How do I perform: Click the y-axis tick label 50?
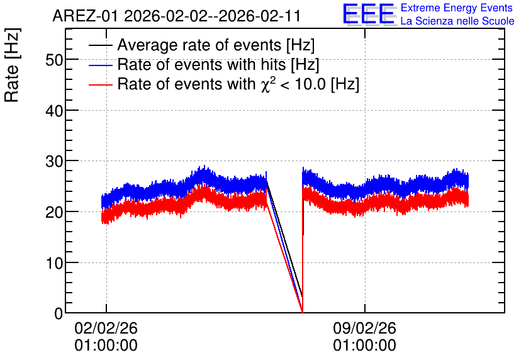(x=54, y=60)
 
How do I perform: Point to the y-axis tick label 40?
(x=54, y=111)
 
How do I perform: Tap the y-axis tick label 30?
(x=54, y=162)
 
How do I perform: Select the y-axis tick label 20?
(x=54, y=212)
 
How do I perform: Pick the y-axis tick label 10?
(x=54, y=263)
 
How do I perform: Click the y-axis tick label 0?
(x=59, y=313)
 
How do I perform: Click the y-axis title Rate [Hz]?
(x=12, y=65)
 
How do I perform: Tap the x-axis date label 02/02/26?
(x=106, y=328)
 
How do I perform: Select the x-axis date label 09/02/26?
(x=365, y=328)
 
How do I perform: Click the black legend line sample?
(x=101, y=45)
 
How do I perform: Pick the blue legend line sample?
(x=101, y=65)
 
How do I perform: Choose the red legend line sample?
(x=101, y=84)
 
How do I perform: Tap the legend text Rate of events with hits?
(x=201, y=64)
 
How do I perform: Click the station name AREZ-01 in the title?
(x=85, y=16)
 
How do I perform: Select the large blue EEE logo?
(x=368, y=14)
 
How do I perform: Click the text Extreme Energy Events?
(x=457, y=8)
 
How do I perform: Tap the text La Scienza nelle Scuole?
(x=457, y=21)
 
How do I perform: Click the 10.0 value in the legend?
(x=310, y=84)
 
